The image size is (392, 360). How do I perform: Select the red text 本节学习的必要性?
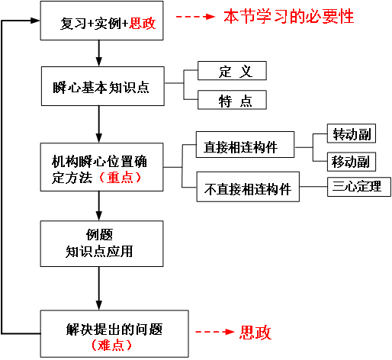pyautogui.click(x=289, y=16)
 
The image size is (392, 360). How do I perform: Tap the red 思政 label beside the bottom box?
pyautogui.click(x=255, y=333)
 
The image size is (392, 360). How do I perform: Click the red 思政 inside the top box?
pyautogui.click(x=143, y=24)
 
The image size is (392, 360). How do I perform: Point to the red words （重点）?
pyautogui.click(x=120, y=178)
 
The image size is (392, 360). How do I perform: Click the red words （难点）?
pyautogui.click(x=111, y=345)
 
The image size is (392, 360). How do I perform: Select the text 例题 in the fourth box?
pyautogui.click(x=99, y=234)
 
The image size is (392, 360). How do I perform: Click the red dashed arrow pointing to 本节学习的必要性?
pyautogui.click(x=195, y=17)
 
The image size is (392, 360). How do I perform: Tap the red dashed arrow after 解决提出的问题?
pyautogui.click(x=215, y=332)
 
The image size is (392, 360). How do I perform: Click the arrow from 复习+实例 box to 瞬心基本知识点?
pyautogui.click(x=99, y=53)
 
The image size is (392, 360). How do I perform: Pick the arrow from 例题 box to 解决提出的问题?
pyautogui.click(x=99, y=288)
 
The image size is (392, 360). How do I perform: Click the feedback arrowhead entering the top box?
pyautogui.click(x=35, y=21)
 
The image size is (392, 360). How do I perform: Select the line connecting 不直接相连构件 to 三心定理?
pyautogui.click(x=313, y=187)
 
